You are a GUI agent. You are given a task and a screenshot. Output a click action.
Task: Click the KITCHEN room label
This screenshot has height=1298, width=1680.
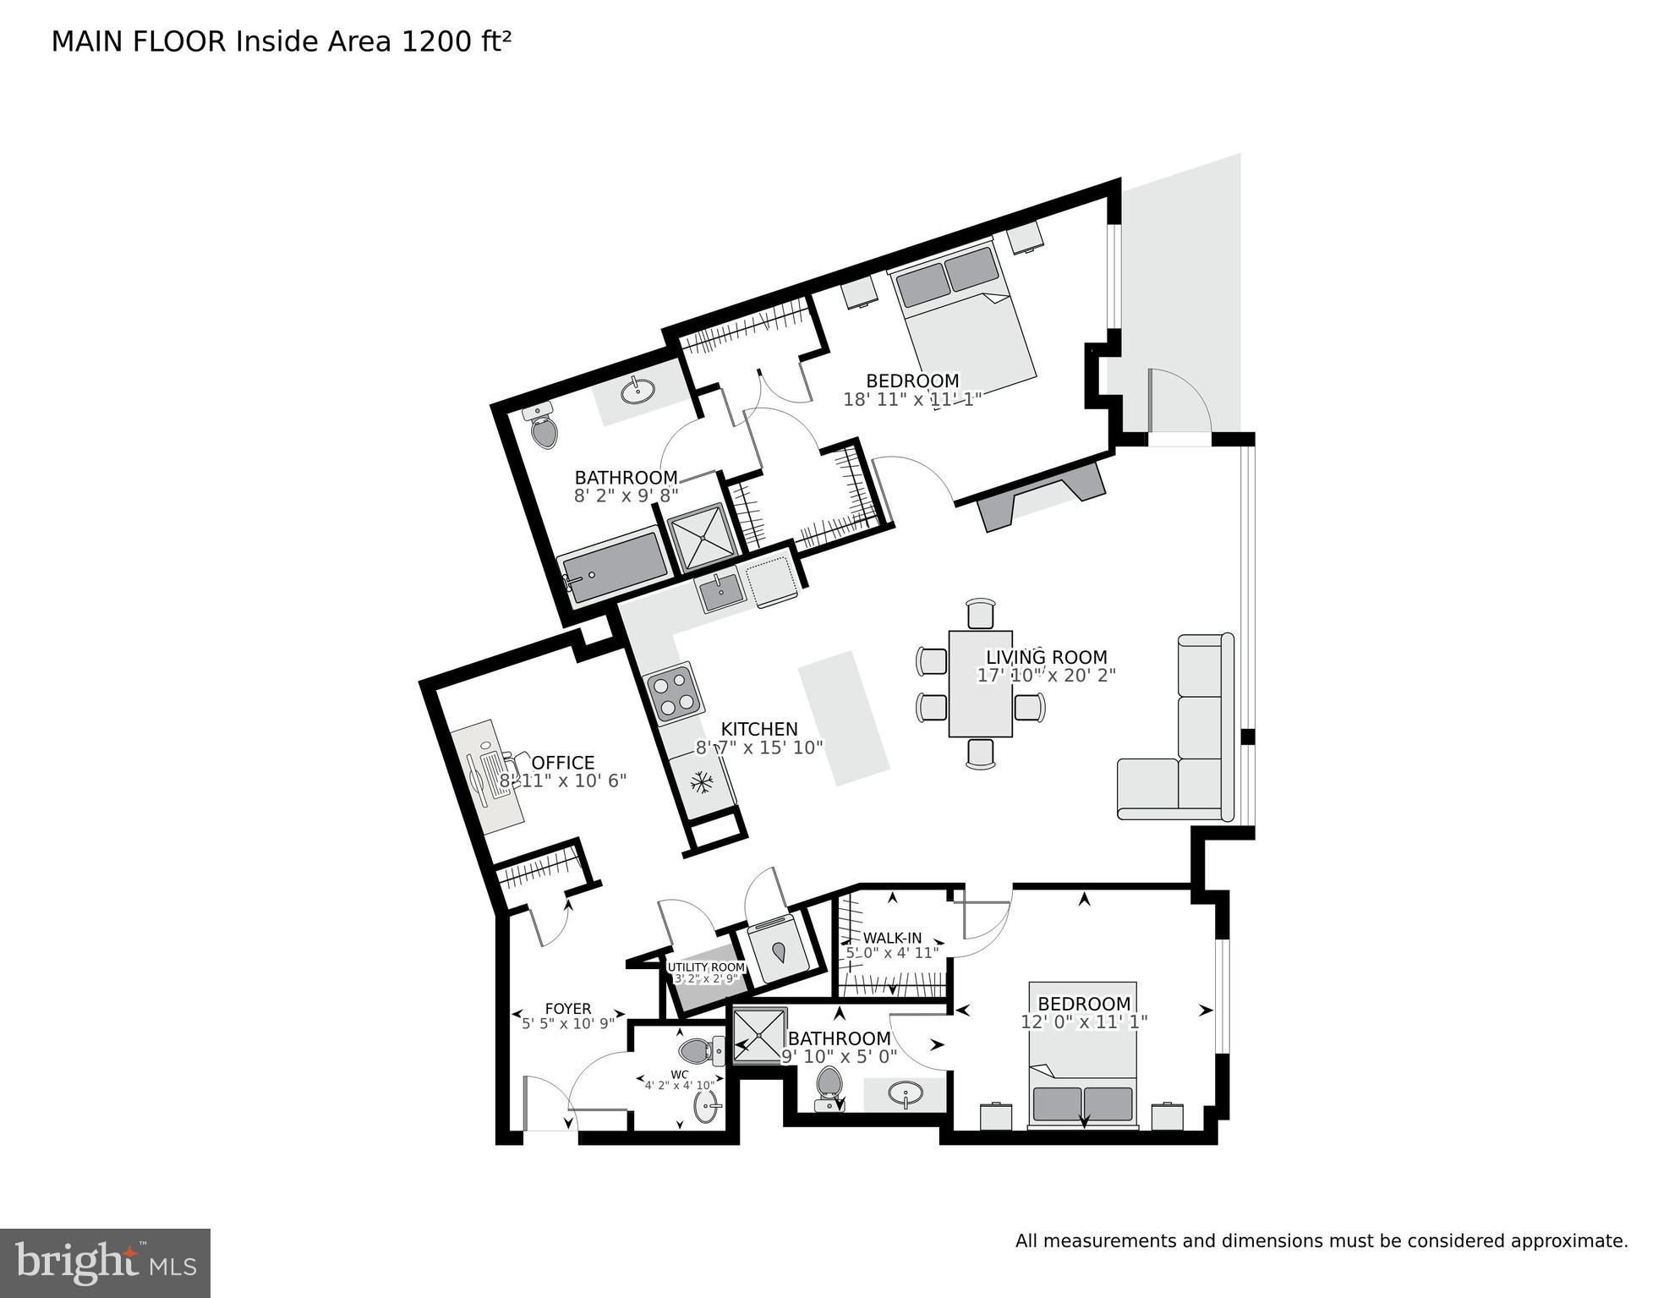(x=758, y=729)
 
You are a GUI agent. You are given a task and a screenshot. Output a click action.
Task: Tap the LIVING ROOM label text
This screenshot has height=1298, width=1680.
(x=1047, y=657)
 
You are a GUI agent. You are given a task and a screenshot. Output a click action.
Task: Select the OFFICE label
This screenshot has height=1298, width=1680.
(x=563, y=763)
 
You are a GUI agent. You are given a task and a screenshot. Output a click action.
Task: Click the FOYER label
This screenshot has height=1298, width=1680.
(x=568, y=1008)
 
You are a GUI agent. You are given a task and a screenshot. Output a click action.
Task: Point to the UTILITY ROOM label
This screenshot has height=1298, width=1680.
(x=707, y=967)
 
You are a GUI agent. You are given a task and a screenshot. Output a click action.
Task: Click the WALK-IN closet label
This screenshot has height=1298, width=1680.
(x=892, y=938)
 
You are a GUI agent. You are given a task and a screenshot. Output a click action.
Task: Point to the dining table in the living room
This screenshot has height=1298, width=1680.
(x=981, y=683)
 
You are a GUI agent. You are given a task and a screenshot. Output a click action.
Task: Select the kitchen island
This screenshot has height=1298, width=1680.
(x=845, y=718)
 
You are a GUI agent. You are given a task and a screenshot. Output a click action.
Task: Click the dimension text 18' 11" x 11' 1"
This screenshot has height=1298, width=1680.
(x=912, y=399)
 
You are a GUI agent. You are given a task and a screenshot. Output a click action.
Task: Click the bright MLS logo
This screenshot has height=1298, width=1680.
(x=105, y=1262)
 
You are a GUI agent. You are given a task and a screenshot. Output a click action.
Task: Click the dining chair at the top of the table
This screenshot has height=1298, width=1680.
(x=981, y=613)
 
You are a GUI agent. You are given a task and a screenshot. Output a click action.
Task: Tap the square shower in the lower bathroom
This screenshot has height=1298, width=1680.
(x=759, y=1035)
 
